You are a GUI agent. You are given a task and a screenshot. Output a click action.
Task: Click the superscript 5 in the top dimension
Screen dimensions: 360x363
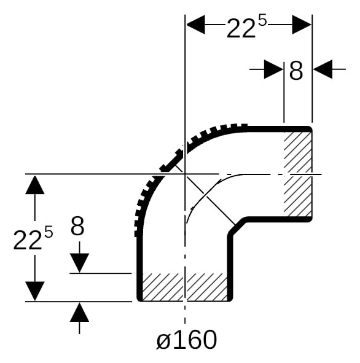pos(262,21)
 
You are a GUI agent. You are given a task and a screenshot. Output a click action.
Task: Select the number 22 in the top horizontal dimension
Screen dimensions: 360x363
pos(241,28)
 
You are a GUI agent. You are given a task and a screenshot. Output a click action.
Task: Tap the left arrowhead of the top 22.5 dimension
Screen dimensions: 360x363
pos(196,25)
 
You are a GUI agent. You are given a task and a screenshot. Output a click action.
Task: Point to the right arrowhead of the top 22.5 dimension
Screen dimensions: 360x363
pos(302,25)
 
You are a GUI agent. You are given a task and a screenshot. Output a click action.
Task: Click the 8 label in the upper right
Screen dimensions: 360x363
pos(296,71)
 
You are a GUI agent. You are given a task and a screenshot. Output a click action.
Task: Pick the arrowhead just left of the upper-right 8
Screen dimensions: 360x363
pos(273,69)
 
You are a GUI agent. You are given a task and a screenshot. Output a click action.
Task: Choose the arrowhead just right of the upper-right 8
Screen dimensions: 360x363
pos(323,69)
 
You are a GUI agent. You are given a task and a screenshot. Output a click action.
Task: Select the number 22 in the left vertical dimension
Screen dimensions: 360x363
pos(28,240)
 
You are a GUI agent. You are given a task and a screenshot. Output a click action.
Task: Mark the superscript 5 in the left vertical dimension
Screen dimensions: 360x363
pos(49,232)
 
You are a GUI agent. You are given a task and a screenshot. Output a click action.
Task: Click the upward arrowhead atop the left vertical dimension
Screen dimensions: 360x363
pos(35,185)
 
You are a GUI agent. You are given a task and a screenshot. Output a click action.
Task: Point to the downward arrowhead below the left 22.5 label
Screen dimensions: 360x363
pos(35,291)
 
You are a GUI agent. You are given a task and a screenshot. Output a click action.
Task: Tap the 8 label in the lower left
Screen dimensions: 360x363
pos(77,226)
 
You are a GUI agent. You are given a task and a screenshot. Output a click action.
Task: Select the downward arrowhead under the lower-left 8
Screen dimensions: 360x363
pos(79,263)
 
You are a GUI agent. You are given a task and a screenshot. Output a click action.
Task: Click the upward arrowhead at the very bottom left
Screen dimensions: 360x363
pos(79,313)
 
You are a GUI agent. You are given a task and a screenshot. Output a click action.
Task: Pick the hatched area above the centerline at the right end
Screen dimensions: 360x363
pos(298,152)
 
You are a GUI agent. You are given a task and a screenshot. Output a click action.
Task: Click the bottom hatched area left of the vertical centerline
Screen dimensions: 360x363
pos(163,287)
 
